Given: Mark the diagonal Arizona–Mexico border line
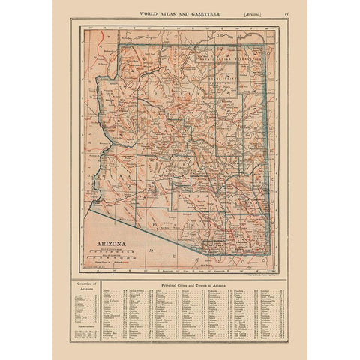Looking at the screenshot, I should point(142,229).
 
